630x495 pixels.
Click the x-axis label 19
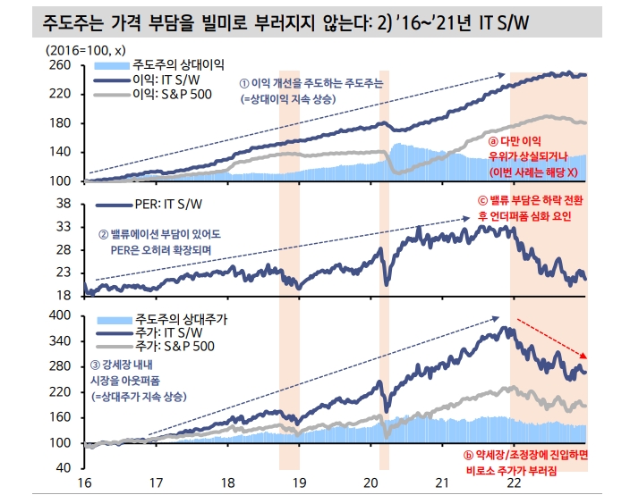point(298,482)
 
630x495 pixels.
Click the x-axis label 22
point(512,482)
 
